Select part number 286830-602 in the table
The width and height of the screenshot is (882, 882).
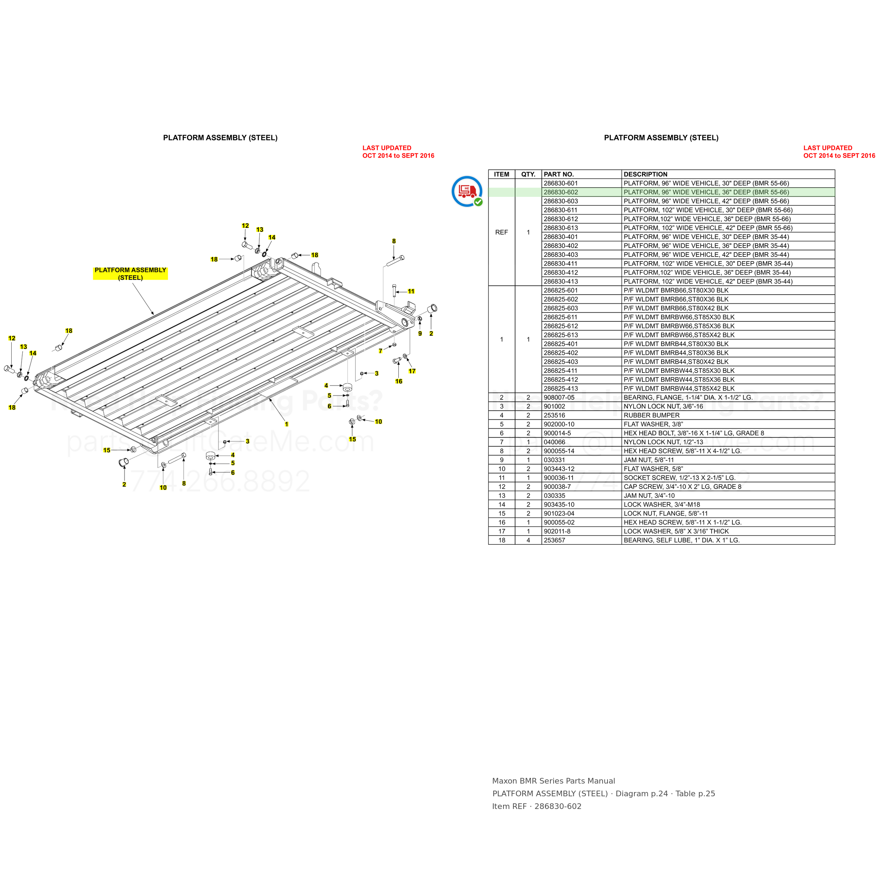(561, 192)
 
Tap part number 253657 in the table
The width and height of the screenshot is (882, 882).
(554, 540)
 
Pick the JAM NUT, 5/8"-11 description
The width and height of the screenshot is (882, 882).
(649, 460)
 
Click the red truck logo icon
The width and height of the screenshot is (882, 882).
(467, 191)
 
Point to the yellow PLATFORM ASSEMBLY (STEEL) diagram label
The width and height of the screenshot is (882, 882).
(131, 273)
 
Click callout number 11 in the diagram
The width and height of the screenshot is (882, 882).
(411, 291)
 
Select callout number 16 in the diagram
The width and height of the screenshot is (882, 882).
(399, 381)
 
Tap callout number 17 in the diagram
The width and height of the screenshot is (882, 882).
(412, 371)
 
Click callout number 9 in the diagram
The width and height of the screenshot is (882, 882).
(420, 334)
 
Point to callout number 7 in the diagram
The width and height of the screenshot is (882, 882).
(380, 351)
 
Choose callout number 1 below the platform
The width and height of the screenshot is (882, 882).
(287, 424)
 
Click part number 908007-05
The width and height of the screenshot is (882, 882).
(559, 398)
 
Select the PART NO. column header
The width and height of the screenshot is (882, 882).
(559, 174)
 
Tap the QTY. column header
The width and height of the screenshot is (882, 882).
(528, 174)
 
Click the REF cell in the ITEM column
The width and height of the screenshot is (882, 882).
(501, 232)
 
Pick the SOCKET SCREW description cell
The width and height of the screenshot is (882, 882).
(679, 478)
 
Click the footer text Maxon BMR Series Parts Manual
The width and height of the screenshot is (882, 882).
(553, 781)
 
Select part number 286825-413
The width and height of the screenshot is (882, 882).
(561, 388)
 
